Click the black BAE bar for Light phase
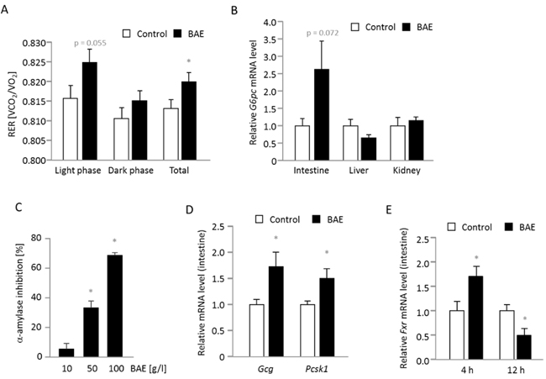point(92,111)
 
